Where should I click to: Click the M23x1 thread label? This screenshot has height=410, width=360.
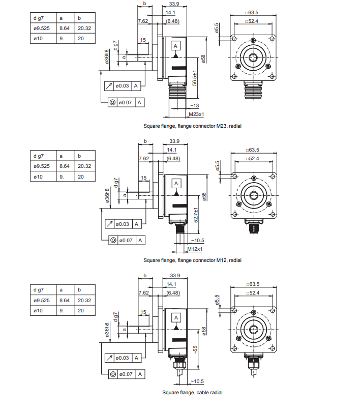coord(196,114)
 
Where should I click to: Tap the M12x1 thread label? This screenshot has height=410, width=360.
coord(195,249)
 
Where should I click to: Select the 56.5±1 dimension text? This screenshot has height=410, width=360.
coord(195,78)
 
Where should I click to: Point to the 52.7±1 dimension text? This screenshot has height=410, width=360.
coord(196,215)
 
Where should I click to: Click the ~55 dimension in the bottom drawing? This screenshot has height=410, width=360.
coord(195,349)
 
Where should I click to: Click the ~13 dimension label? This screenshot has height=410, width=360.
coord(195,106)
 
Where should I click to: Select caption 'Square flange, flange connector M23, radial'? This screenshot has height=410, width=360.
coord(192,126)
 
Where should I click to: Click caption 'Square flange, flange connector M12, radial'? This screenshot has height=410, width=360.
coord(192,260)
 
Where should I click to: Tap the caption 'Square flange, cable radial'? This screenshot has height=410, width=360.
coord(192,393)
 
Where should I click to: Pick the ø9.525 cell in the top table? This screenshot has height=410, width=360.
coord(42,28)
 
